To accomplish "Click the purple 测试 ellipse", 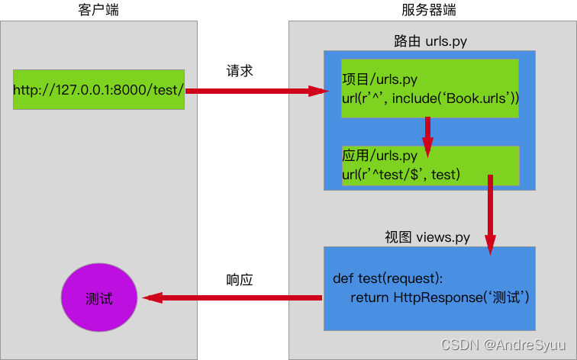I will tap(98, 297).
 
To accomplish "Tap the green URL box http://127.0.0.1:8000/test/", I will tap(98, 89).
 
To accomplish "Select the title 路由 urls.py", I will tap(430, 41).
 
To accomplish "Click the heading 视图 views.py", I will tap(427, 237).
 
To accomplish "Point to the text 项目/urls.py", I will tap(379, 79).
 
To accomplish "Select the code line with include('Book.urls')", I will tap(430, 98).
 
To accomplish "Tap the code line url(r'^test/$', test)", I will tap(401, 175).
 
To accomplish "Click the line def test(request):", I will tap(388, 278).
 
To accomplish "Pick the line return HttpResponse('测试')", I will tap(440, 297).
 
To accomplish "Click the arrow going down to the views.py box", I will tap(490, 214).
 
